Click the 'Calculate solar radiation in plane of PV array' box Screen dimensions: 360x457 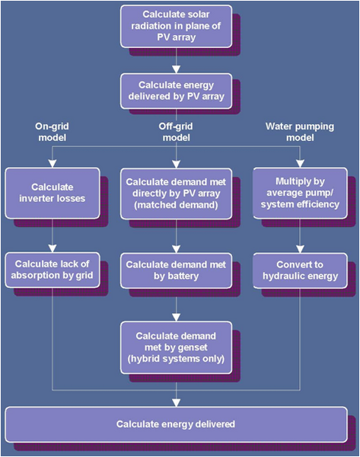tap(177, 26)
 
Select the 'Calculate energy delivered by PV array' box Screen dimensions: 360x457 tap(177, 91)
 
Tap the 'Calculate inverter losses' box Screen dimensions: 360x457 tap(53, 193)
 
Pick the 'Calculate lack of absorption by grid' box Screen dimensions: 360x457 tap(53, 270)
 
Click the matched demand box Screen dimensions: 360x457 tap(177, 193)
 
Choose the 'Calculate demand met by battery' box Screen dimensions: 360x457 tap(177, 270)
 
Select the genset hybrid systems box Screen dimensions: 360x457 tap(177, 347)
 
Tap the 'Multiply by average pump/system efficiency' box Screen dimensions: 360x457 tap(300, 193)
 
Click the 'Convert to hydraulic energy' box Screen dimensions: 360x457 tap(300, 270)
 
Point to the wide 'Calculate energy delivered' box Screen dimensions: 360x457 tap(177, 424)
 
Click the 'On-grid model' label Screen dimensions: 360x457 tap(53, 132)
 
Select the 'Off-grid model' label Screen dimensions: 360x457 tap(176, 132)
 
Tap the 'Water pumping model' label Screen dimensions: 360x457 tap(300, 132)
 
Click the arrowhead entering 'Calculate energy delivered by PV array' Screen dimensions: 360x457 tap(177, 69)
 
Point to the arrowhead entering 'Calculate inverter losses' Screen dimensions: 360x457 tap(53, 164)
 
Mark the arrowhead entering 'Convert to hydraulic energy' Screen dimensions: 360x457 tap(300, 249)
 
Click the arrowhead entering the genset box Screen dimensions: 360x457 tap(177, 318)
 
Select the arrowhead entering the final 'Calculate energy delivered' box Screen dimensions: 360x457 tap(177, 403)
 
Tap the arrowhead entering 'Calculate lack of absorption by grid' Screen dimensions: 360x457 tap(53, 248)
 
